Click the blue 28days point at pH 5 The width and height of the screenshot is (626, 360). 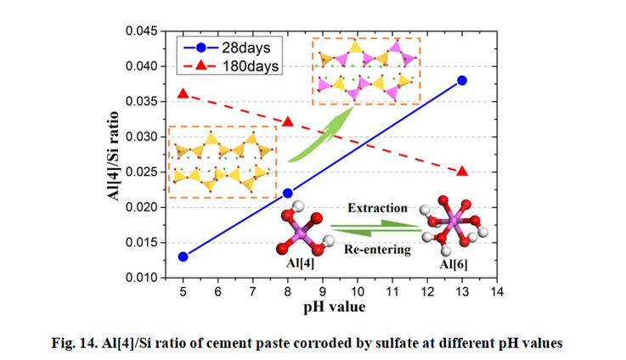(183, 256)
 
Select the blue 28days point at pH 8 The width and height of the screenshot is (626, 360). (287, 193)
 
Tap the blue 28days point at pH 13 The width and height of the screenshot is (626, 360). (462, 81)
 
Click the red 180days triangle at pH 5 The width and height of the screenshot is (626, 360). (183, 93)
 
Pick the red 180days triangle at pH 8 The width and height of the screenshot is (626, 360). (287, 121)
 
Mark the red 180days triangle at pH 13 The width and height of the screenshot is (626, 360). (462, 171)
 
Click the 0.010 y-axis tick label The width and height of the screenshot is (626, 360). (140, 278)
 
